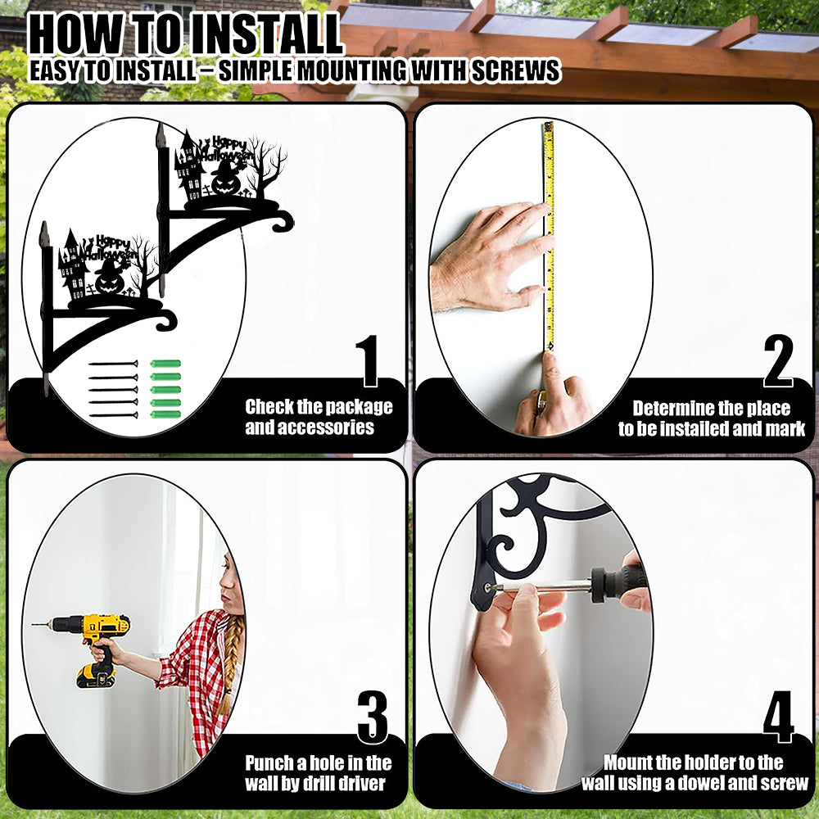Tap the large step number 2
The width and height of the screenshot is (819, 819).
click(x=778, y=361)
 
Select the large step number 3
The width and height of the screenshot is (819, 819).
click(x=373, y=717)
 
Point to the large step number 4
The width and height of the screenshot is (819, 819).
click(x=778, y=717)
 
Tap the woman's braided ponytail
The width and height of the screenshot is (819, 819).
click(x=230, y=663)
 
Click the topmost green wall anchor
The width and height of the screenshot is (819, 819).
click(x=165, y=364)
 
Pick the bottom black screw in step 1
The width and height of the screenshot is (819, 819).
click(x=113, y=415)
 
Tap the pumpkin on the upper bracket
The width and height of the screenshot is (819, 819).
click(x=226, y=181)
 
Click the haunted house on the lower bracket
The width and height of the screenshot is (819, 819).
click(x=73, y=266)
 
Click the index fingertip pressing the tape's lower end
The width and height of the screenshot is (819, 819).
click(x=550, y=360)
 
